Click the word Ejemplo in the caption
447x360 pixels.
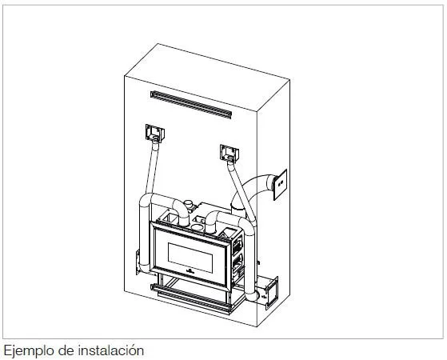29,350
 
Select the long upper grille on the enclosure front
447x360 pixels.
191,105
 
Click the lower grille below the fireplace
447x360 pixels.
191,298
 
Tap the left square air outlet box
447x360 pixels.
155,133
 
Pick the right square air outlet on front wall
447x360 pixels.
229,153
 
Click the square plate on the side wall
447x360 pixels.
280,185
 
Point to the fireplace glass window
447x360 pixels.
190,258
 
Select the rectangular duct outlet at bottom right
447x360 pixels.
272,293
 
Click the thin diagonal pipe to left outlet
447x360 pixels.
152,168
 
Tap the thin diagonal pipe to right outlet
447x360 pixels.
241,191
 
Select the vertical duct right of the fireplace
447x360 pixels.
249,262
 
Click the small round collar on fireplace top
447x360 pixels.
188,205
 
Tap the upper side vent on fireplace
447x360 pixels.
237,246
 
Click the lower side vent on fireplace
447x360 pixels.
238,265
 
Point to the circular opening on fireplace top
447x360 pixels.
196,227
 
